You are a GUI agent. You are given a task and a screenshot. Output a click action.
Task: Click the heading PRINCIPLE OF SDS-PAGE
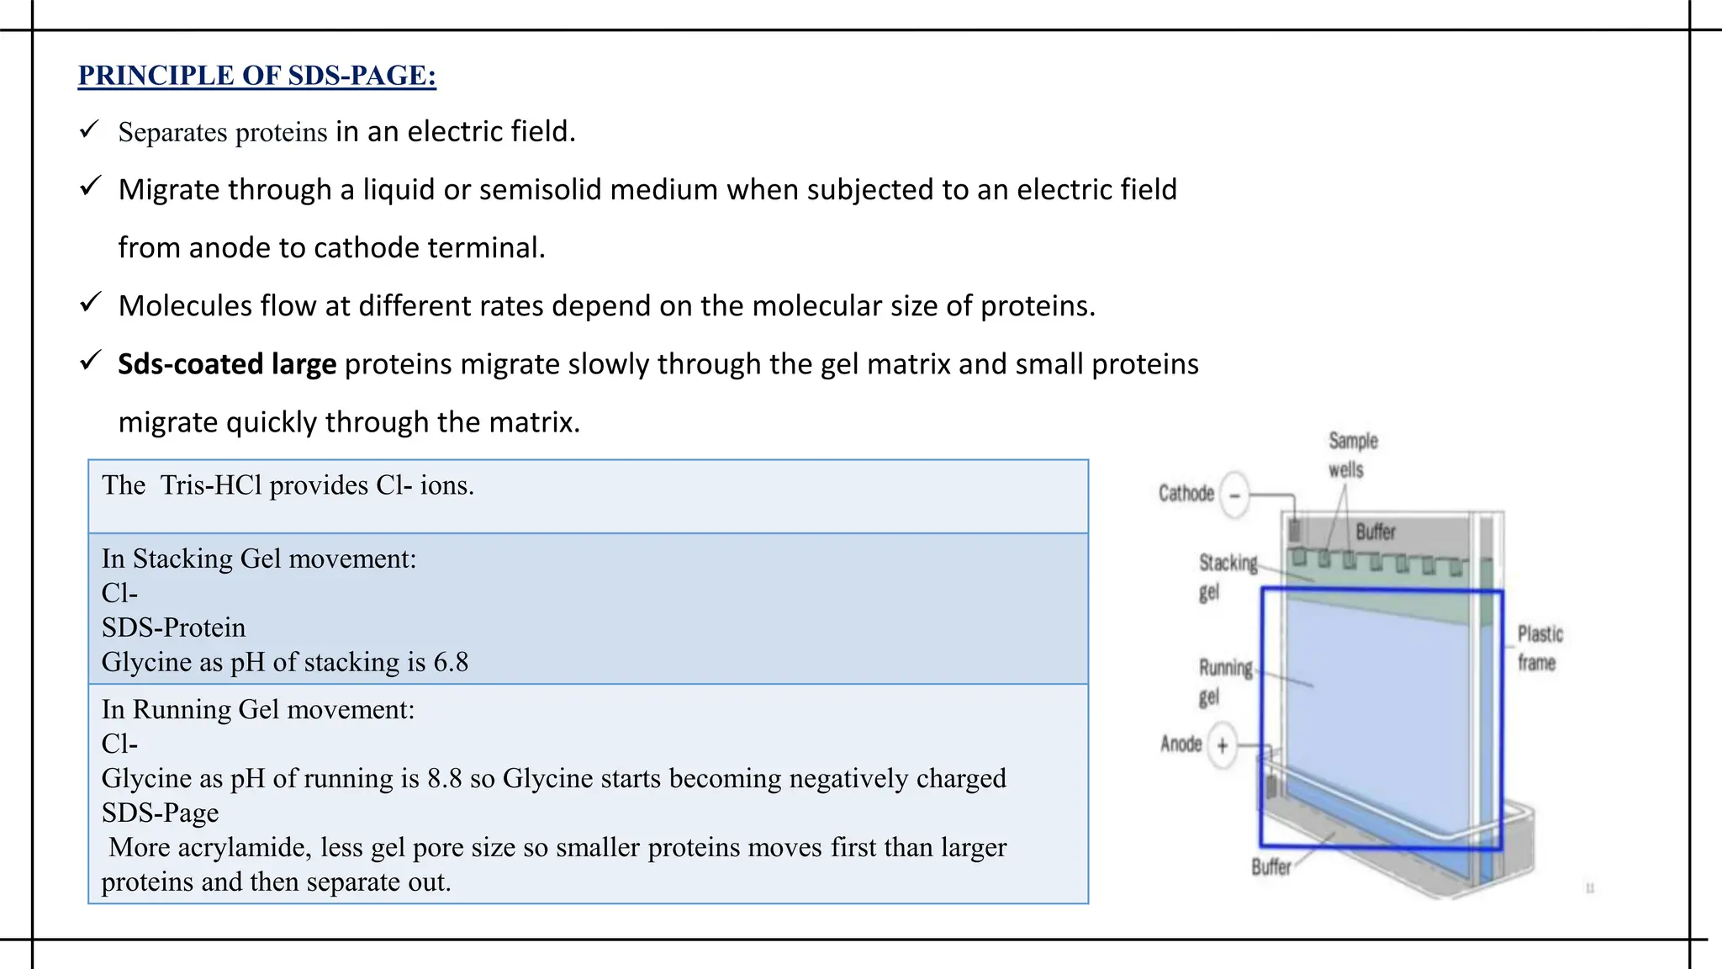[256, 76]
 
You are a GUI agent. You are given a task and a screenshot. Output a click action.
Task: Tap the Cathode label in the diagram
[1186, 494]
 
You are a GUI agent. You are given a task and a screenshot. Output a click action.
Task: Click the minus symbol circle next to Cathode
[1234, 495]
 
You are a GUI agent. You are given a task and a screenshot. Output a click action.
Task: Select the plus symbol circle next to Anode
[1223, 745]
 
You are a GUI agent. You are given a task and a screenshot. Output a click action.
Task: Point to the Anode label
[1181, 744]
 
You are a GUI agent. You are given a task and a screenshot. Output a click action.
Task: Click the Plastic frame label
[1540, 648]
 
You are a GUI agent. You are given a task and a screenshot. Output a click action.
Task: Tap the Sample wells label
[1352, 455]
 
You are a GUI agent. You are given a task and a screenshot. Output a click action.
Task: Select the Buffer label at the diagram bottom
[1270, 867]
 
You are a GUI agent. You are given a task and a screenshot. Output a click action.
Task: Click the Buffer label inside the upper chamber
[1376, 532]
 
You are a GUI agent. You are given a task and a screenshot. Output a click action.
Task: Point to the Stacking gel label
[1227, 577]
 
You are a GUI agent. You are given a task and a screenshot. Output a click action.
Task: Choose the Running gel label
[1224, 682]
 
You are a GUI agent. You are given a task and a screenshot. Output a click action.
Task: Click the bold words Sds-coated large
[227, 364]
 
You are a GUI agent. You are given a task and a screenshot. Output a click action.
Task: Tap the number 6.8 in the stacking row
[451, 663]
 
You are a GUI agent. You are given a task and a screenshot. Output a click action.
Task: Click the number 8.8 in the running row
[444, 779]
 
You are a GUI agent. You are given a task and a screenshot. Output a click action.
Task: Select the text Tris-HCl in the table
[211, 485]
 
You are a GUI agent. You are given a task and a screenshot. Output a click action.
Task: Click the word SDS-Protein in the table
[173, 628]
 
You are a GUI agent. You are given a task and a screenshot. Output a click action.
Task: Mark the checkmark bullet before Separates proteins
[89, 130]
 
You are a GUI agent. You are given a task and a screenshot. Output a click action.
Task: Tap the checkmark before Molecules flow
[90, 303]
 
